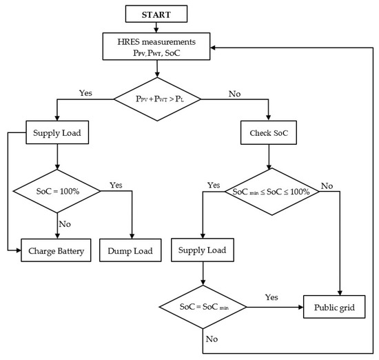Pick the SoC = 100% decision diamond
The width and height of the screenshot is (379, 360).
tap(59, 190)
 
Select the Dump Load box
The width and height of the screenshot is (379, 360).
tap(130, 251)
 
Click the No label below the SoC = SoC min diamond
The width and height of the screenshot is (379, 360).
tap(212, 339)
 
